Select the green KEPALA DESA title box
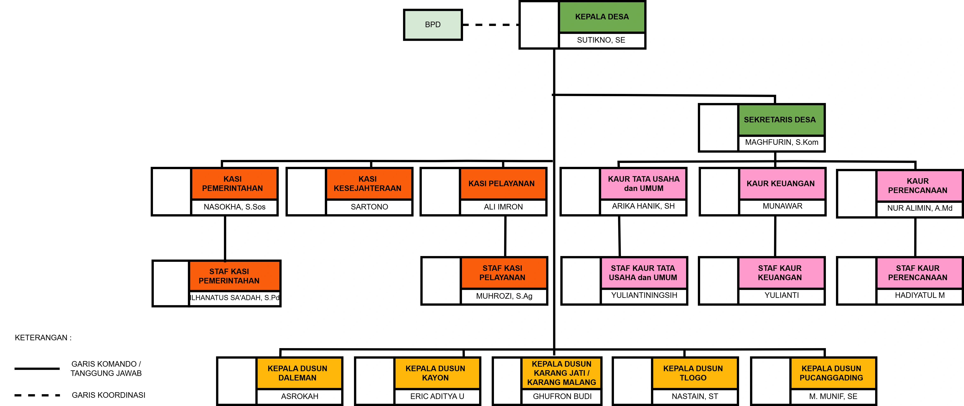tap(602, 17)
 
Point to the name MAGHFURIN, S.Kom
tap(781, 142)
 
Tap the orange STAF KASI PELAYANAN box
tap(504, 273)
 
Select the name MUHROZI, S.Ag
tap(504, 296)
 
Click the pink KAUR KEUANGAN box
tap(782, 184)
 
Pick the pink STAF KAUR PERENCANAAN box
tap(919, 273)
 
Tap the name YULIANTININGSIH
tap(644, 295)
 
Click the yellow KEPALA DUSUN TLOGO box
tap(695, 373)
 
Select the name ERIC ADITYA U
tap(437, 396)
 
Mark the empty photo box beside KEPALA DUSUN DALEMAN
tap(237, 381)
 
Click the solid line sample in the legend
tap(37, 369)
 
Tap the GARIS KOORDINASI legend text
tap(108, 395)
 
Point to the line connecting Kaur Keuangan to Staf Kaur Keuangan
tap(775, 236)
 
